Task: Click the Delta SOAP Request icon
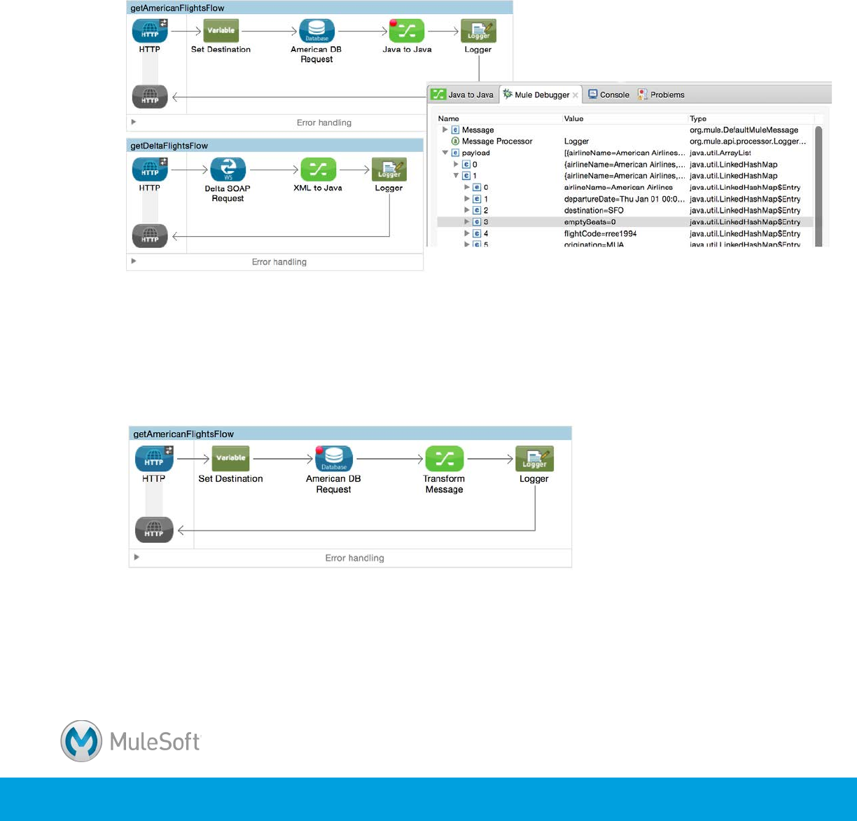(228, 170)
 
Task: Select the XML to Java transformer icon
(318, 170)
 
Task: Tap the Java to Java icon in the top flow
(407, 31)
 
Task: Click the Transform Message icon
(444, 459)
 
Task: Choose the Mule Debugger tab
(541, 95)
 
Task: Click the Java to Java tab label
(470, 95)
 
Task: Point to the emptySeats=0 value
(590, 222)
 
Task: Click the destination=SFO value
(594, 210)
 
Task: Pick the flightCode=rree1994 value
(600, 233)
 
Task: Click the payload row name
(475, 153)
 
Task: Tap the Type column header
(698, 119)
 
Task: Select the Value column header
(573, 119)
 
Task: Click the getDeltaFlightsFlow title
(169, 146)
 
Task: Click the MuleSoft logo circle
(81, 741)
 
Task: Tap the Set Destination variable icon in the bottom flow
(230, 459)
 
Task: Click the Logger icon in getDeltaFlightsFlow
(389, 170)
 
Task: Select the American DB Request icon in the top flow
(316, 31)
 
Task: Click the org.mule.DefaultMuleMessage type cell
(744, 130)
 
